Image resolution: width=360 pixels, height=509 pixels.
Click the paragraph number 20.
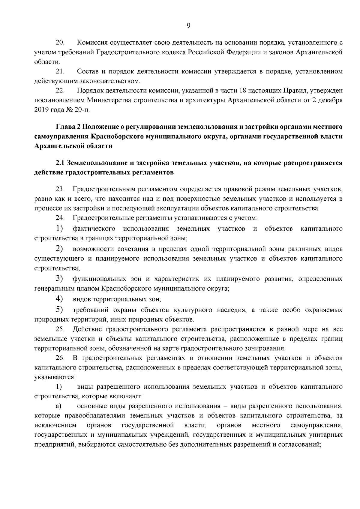[60, 43]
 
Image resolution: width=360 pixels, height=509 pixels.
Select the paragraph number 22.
[60, 91]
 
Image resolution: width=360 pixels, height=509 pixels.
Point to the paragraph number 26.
[60, 358]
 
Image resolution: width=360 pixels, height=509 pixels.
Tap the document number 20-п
[82, 110]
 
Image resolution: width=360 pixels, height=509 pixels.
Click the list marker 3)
[59, 279]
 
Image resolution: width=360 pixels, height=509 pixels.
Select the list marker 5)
[59, 309]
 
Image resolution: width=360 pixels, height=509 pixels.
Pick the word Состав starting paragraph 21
[87, 71]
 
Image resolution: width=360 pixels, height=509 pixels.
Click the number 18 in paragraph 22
[243, 91]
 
